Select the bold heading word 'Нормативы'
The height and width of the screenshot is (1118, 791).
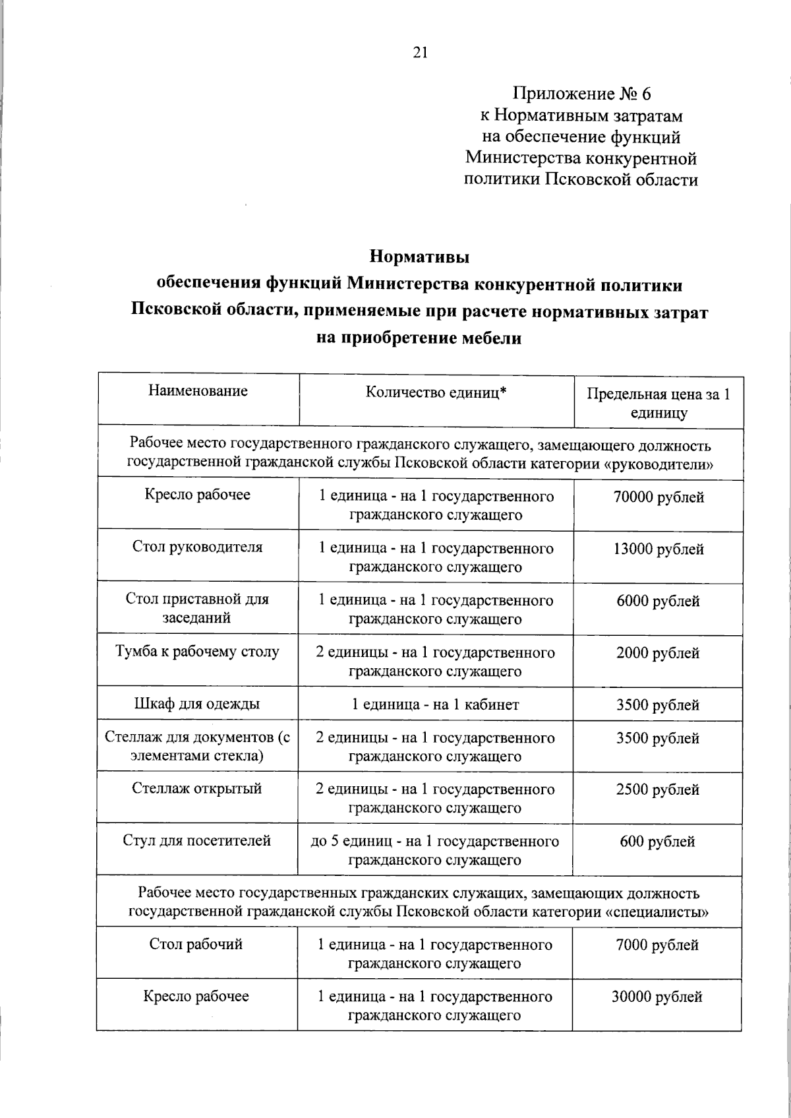[419, 255]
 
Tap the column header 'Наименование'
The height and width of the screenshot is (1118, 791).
[198, 390]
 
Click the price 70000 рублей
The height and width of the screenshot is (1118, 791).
[658, 497]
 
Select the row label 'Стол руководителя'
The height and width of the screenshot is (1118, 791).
[197, 547]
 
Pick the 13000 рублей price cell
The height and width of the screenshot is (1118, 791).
[658, 549]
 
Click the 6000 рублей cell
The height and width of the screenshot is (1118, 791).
[658, 601]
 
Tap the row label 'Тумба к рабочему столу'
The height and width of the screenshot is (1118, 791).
[197, 652]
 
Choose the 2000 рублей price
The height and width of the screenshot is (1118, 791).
[658, 653]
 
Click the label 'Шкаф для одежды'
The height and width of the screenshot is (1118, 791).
[197, 704]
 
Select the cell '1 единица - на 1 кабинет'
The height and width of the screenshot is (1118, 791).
[435, 704]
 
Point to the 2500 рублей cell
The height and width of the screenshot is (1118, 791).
[658, 790]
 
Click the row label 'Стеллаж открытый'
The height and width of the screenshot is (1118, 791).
[197, 788]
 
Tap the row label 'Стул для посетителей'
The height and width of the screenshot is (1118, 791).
[197, 840]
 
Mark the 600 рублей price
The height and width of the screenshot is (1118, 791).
[657, 842]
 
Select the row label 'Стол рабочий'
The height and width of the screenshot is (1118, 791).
[196, 944]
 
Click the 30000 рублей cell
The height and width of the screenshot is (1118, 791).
[657, 997]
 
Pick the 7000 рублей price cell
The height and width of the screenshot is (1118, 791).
[657, 945]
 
